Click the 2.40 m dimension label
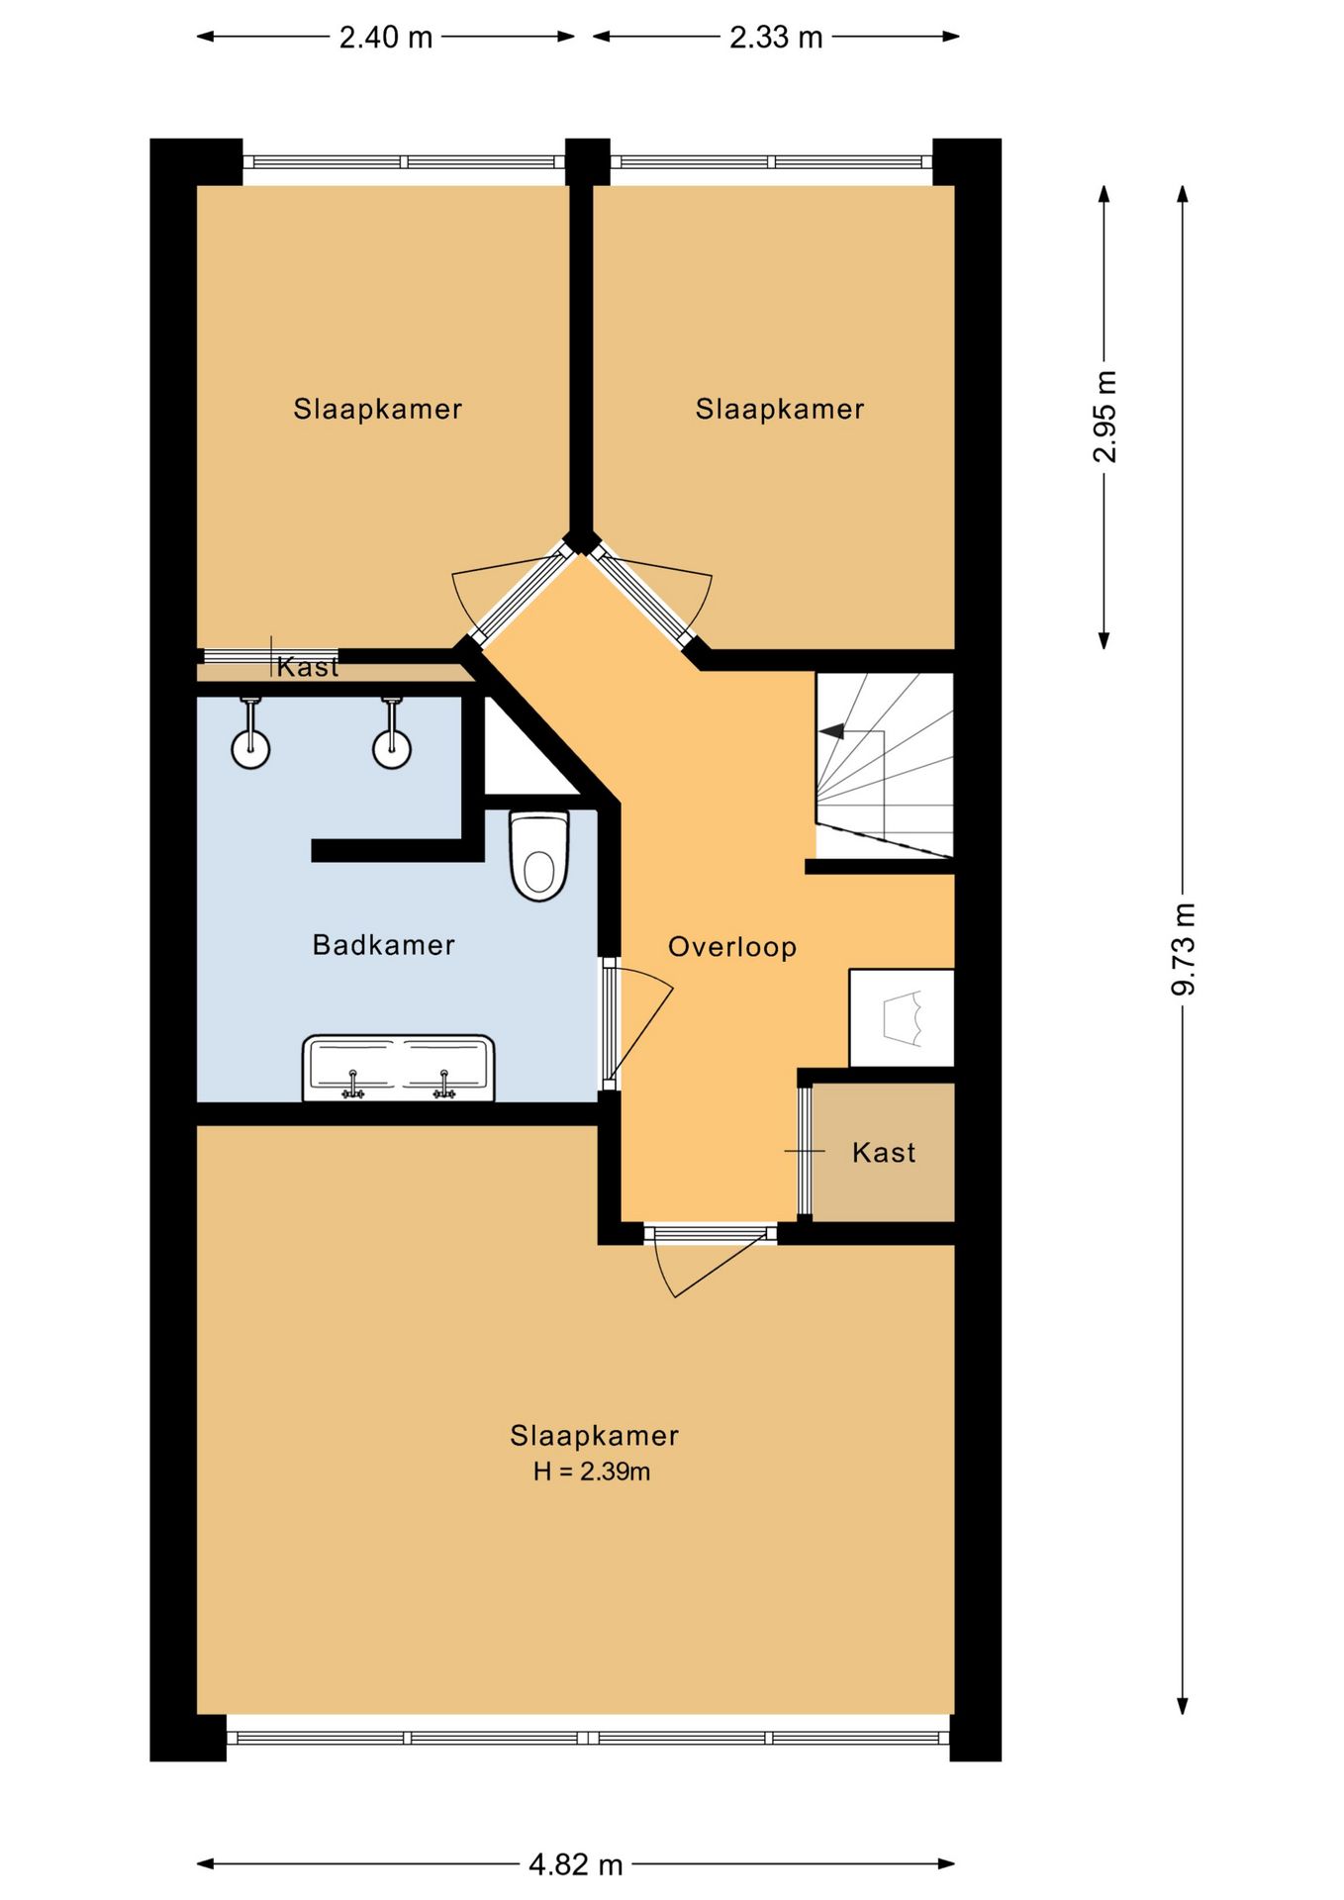coord(386,38)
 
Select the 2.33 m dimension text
coord(776,38)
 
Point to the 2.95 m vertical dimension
coord(1104,417)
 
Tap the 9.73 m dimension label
coord(1184,949)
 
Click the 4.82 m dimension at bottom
coord(576,1865)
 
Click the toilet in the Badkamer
coord(539,856)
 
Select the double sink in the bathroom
coord(398,1068)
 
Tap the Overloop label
coord(732,947)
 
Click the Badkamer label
coord(384,945)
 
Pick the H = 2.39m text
coord(592,1472)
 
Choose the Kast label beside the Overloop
coord(884,1153)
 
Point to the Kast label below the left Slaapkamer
coord(308,667)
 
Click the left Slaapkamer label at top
coord(378,409)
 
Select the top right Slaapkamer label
coord(780,409)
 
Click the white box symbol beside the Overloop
coord(902,1018)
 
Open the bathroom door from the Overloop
coord(611,1024)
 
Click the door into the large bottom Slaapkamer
coord(710,1234)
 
